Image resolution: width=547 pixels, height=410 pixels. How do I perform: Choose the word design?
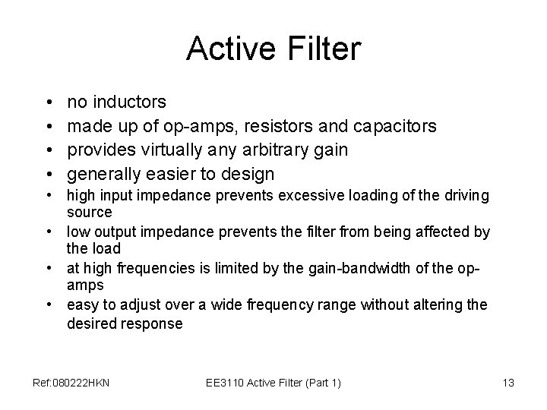248,175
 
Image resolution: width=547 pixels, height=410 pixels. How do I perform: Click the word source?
90,211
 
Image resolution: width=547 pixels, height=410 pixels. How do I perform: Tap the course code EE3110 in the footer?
225,383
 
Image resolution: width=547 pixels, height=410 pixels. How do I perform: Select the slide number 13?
508,383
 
